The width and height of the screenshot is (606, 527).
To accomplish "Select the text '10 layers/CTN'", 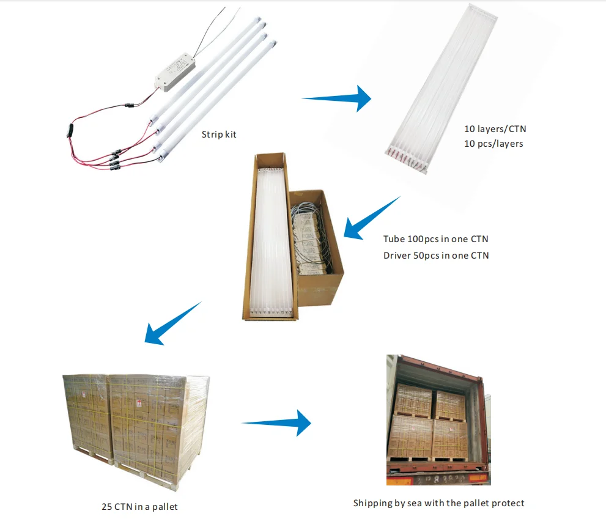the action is coord(495,130).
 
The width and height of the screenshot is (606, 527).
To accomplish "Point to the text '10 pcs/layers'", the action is coord(494,144).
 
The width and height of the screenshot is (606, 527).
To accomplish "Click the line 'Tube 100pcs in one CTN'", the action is coord(435,239).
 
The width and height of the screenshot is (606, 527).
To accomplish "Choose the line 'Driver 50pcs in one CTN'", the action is coord(436,255).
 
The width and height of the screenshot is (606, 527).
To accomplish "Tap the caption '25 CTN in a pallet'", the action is coord(139,506).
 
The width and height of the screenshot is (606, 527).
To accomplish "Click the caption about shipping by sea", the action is coord(438,503).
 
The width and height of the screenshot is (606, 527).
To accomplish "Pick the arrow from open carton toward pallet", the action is coord(171,324).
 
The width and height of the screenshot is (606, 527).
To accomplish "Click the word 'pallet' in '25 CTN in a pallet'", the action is coord(164,506).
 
